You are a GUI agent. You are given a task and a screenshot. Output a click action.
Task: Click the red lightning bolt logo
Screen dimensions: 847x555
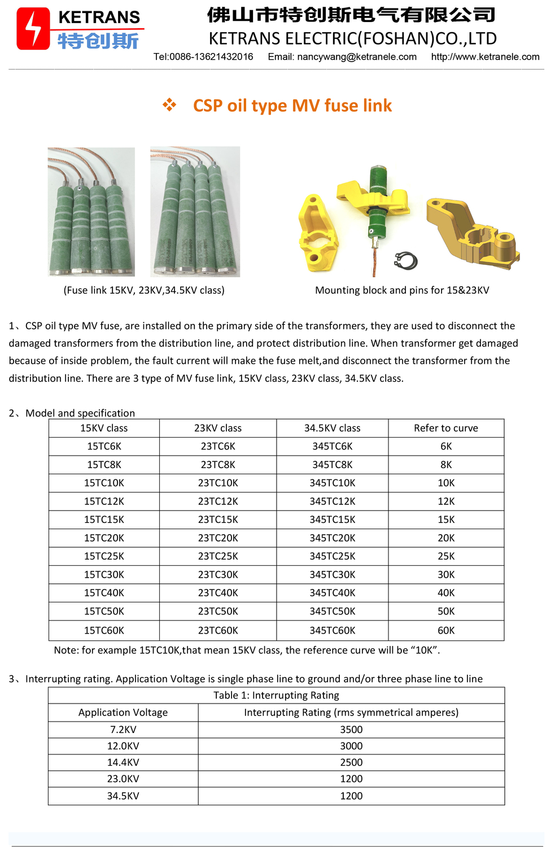(33, 28)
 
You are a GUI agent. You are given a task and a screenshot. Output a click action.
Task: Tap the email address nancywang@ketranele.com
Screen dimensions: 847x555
(357, 57)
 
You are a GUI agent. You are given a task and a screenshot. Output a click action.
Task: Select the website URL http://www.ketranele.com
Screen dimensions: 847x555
(485, 57)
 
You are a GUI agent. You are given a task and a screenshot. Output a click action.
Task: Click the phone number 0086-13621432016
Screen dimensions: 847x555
(211, 57)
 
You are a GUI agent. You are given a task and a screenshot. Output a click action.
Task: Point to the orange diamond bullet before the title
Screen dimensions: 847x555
(169, 105)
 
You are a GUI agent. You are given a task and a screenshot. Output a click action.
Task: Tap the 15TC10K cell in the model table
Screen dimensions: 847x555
(104, 483)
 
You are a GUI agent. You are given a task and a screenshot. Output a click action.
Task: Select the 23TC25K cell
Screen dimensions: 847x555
(218, 556)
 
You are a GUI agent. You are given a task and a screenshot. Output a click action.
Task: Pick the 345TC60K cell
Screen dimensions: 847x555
(332, 630)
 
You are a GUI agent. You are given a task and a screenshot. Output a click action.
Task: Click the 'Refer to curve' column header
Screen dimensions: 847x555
(445, 428)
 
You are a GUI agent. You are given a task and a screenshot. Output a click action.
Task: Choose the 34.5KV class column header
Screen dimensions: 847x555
(332, 428)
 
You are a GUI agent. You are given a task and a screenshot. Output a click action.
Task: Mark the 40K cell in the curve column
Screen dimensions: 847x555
(445, 593)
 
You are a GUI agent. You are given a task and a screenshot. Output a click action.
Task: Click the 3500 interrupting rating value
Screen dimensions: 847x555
(351, 730)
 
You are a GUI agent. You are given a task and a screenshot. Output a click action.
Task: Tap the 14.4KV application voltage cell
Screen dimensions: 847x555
(123, 762)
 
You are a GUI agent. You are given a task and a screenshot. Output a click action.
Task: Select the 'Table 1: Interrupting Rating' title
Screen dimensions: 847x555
(276, 695)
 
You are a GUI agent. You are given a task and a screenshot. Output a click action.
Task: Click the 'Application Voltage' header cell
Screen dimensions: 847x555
(123, 713)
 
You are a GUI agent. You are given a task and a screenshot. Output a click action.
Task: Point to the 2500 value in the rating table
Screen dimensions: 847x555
(351, 762)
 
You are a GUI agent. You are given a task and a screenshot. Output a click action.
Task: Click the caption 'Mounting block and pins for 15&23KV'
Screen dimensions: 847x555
(402, 290)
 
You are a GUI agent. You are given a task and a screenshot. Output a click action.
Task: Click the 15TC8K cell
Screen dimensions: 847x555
(104, 465)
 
